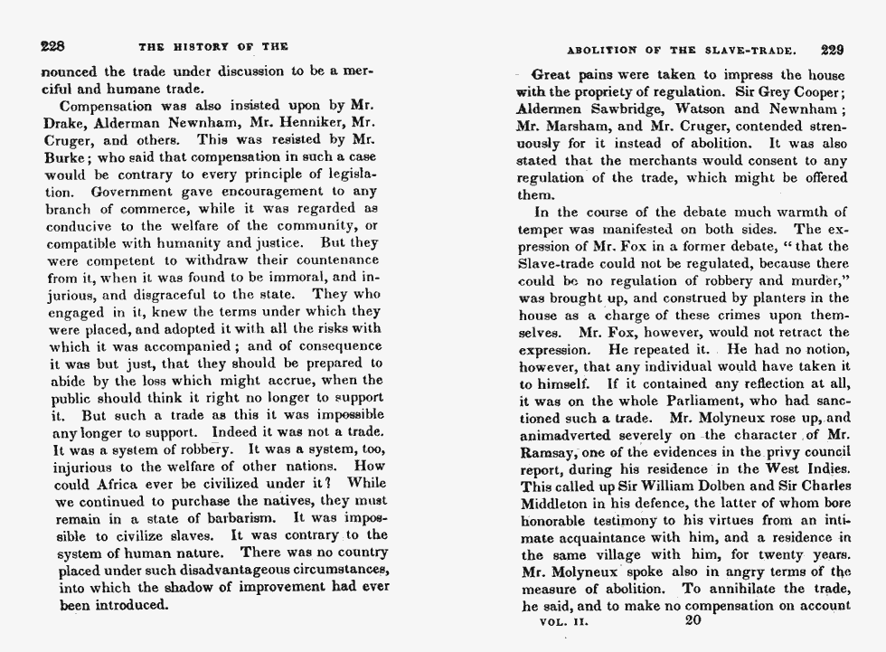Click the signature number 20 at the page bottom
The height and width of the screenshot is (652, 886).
pos(694,620)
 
